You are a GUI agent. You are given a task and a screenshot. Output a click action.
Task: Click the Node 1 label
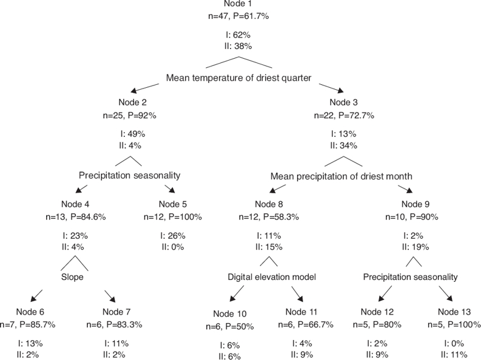tap(241, 5)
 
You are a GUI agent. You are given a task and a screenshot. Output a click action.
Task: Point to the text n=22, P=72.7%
tap(343, 114)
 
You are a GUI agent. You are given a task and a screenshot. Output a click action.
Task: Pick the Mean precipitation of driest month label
tap(343, 176)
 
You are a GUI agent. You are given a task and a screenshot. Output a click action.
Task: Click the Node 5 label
tap(173, 204)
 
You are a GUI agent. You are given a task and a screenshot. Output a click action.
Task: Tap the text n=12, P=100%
tap(173, 216)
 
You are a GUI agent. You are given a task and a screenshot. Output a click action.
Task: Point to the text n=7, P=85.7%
tap(28, 324)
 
